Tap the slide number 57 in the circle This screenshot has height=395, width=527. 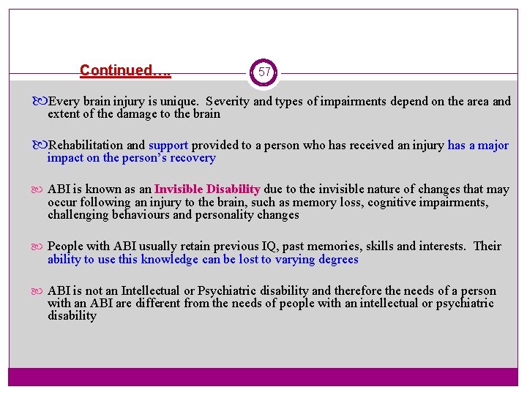click(x=264, y=72)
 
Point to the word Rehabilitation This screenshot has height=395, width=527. click(x=84, y=146)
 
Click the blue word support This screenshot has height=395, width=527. click(x=168, y=146)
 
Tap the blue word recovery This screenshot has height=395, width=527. click(x=192, y=158)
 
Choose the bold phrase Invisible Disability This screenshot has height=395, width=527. click(x=207, y=189)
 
